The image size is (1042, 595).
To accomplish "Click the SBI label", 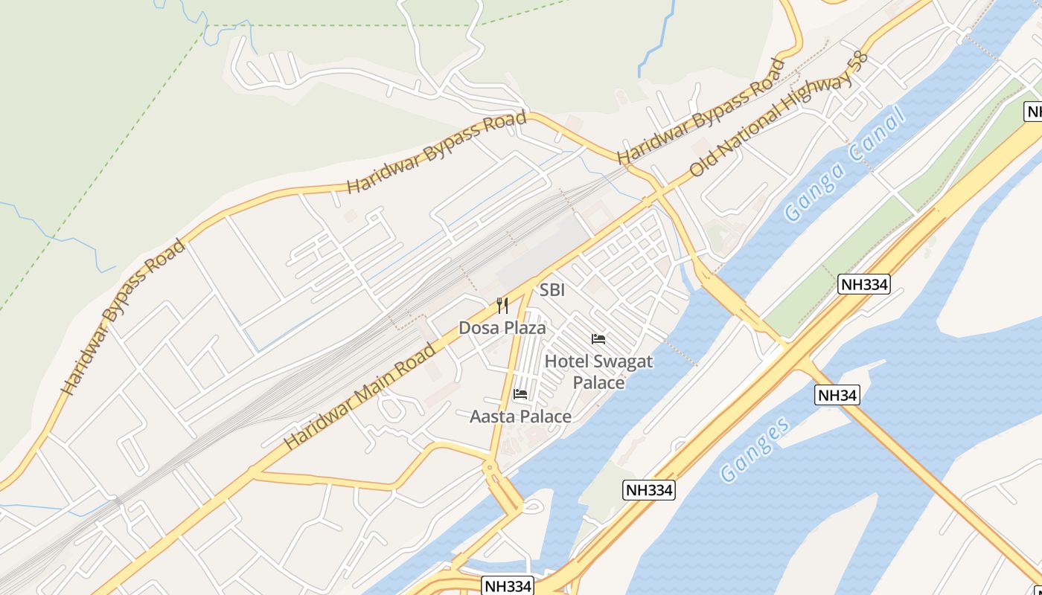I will coord(552,290).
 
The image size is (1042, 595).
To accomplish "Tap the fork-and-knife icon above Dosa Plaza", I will coord(502,306).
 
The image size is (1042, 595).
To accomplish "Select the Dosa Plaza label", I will coord(502,328).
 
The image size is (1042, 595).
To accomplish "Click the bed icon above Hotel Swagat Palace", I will coord(598,339).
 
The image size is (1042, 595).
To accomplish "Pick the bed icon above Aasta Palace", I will coord(520,393).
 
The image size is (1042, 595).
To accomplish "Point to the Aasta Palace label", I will coord(520,416).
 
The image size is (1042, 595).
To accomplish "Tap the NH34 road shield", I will coord(837,395).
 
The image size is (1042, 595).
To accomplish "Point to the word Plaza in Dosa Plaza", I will coord(523,328).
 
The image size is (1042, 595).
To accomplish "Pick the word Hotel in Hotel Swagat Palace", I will coord(565,362).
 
